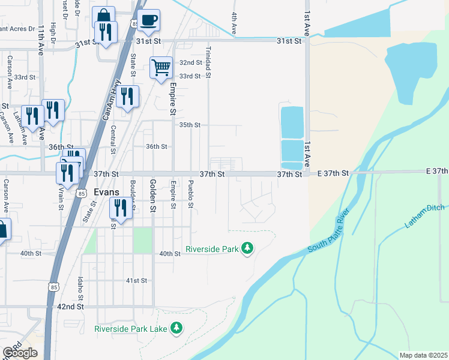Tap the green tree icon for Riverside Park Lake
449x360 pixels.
coord(176,328)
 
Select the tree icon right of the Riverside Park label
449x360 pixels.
coord(247,248)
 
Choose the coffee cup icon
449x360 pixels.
coord(148,20)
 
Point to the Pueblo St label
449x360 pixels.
coord(191,194)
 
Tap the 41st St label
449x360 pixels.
coord(136,280)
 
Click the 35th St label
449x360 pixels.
coord(190,125)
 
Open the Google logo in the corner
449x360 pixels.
coord(19,352)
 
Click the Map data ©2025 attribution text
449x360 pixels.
coord(423,355)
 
